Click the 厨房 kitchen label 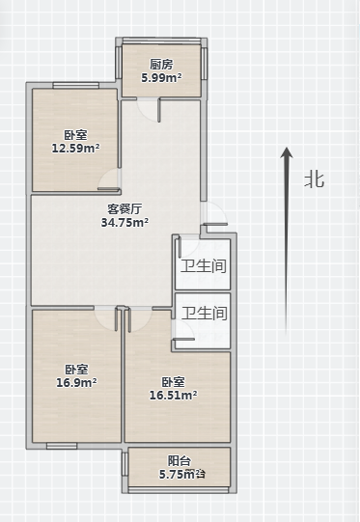(161, 65)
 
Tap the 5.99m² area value (161, 77)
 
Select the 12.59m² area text (75, 149)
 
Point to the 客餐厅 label (125, 208)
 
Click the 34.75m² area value (125, 222)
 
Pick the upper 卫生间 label (204, 266)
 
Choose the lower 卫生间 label (204, 314)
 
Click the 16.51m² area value (174, 395)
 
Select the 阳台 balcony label (178, 461)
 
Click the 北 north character (315, 179)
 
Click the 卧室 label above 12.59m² (75, 135)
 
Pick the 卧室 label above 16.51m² (174, 381)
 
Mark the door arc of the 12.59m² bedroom (110, 180)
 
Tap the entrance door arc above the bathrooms (214, 216)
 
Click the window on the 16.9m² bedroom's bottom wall (62, 446)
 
